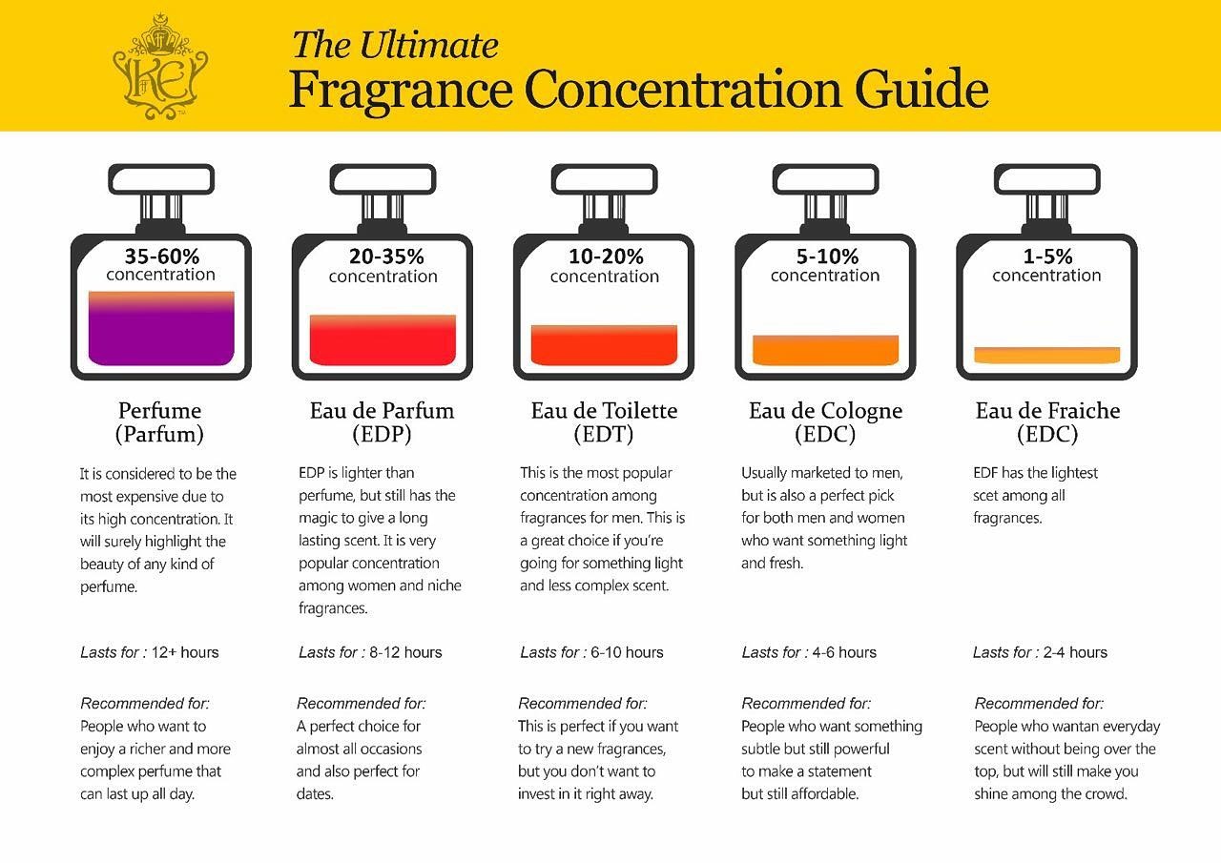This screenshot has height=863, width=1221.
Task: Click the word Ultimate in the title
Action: [429, 45]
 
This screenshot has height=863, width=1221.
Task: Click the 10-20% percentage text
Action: [605, 257]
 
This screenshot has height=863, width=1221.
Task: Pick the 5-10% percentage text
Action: [826, 257]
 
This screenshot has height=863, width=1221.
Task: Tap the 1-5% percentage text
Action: [1047, 257]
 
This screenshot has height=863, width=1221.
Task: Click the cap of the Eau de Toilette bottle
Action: [604, 178]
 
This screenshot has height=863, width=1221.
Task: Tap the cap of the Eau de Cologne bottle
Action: [825, 178]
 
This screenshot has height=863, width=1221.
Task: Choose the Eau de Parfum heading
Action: [382, 411]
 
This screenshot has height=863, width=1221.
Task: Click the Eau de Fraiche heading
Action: [1047, 411]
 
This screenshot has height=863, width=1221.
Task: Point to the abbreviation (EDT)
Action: [604, 435]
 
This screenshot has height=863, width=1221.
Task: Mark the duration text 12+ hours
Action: [186, 653]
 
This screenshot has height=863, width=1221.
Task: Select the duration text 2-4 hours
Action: [1075, 653]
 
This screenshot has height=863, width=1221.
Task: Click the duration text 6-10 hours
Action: [626, 653]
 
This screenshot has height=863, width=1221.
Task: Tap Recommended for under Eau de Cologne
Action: [806, 704]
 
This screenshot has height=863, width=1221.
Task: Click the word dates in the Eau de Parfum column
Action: [314, 794]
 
